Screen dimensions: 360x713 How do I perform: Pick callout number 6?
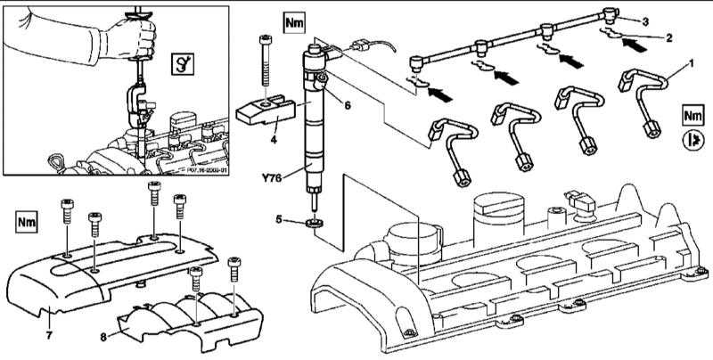(348, 104)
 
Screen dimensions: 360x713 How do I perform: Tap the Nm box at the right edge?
(692, 116)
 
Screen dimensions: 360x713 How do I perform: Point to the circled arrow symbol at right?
(692, 140)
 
